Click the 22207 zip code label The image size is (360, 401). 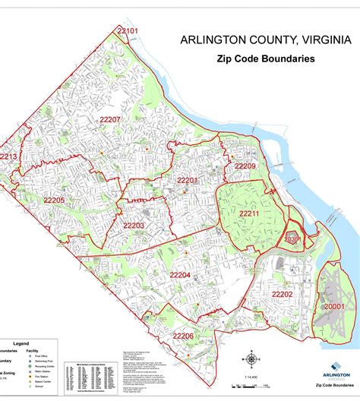[x=109, y=120]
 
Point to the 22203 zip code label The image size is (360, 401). [x=134, y=226]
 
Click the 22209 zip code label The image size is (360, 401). [x=245, y=166]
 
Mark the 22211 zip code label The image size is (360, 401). [x=250, y=213]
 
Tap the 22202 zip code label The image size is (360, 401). [x=282, y=294]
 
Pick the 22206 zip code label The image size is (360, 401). [x=183, y=336]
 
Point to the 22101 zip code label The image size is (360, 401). [x=128, y=30]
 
